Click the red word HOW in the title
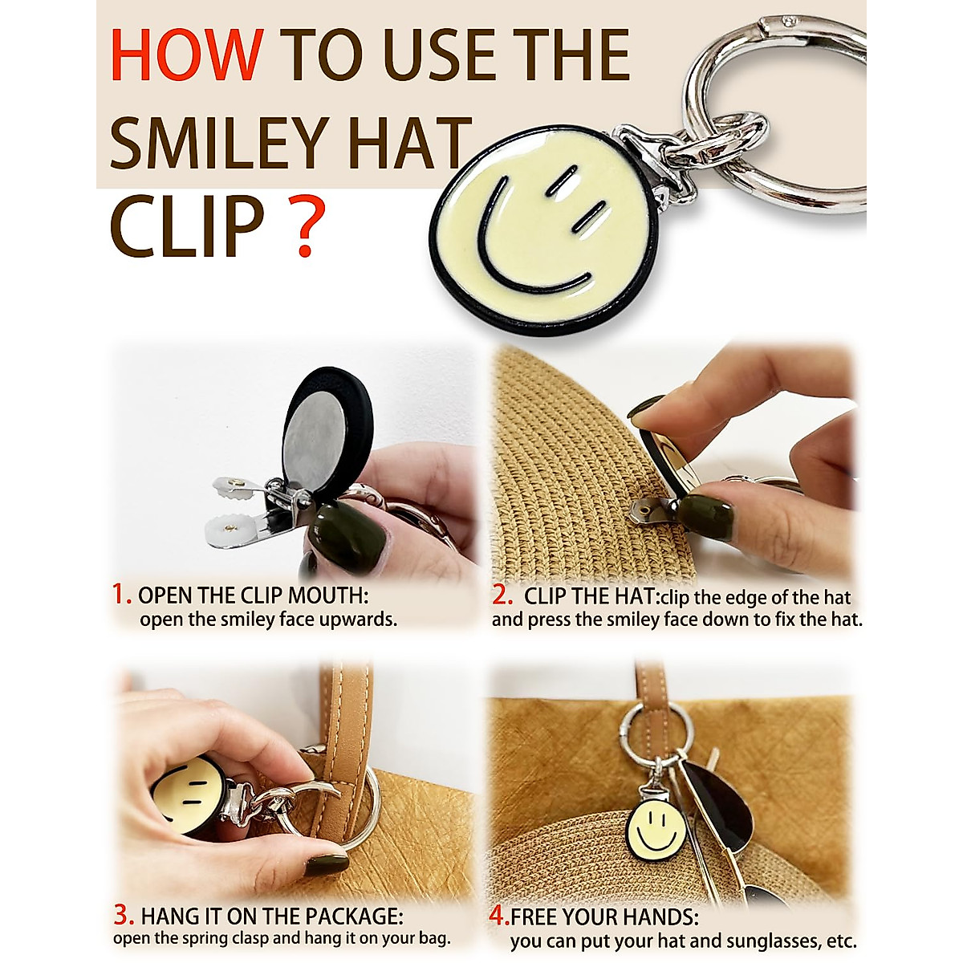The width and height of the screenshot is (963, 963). click(x=186, y=55)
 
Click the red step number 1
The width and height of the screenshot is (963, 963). click(x=121, y=595)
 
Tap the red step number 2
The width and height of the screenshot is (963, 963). click(x=502, y=596)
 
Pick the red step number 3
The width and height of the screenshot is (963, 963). click(x=124, y=915)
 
